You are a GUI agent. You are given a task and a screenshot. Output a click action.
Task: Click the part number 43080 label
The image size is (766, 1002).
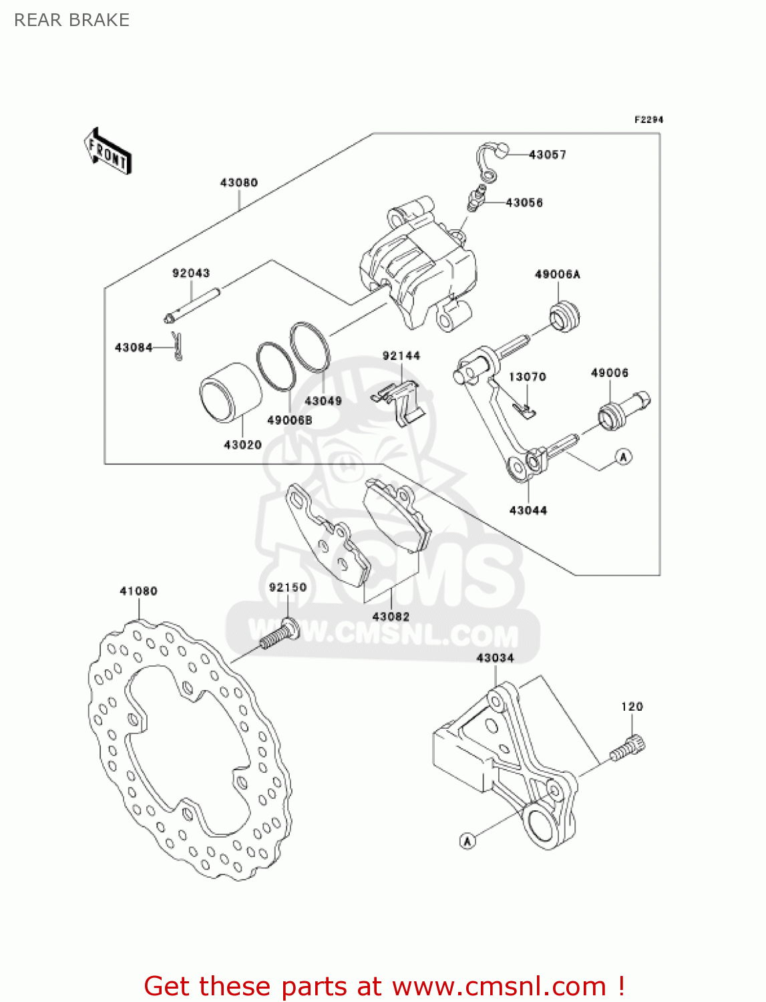[238, 182]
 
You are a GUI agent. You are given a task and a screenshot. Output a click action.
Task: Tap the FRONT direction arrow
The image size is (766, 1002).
[108, 152]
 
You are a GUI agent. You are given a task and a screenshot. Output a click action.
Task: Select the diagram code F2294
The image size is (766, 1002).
[648, 120]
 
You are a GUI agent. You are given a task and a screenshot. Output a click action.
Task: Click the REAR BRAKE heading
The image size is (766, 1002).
[71, 20]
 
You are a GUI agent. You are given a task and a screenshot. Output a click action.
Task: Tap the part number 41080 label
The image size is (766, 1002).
[138, 591]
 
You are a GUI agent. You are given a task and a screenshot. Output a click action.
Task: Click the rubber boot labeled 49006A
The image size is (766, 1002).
[564, 316]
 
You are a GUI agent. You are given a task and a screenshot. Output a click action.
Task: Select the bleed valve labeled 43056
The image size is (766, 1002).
[475, 199]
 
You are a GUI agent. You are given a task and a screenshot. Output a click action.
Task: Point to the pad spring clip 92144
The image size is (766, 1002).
[399, 401]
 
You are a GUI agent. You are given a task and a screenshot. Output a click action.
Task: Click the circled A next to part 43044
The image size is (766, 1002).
[623, 457]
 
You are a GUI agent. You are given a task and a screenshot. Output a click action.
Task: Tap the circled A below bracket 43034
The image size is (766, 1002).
[467, 841]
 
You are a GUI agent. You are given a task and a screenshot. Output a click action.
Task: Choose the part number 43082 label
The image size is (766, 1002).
[391, 617]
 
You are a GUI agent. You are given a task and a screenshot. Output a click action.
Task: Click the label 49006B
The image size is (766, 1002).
[289, 420]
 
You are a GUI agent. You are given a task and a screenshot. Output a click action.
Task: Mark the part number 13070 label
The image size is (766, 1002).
[527, 377]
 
